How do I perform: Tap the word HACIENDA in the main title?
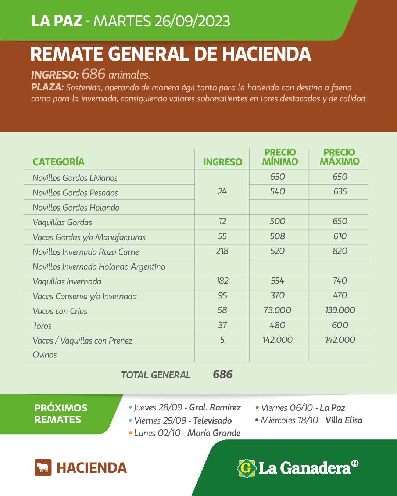tap(267, 54)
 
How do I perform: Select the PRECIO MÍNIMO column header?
tap(280, 157)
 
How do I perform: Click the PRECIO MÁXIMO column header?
tap(339, 157)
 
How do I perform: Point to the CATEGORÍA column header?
tap(58, 162)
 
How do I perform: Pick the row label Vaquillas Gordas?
tap(62, 222)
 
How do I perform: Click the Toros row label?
tap(42, 326)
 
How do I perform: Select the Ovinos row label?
tap(45, 355)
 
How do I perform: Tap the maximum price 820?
tap(340, 251)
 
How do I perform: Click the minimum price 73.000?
tap(278, 310)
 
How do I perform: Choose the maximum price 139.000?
tap(340, 310)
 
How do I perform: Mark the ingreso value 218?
tap(222, 251)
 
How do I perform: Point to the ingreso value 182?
tap(222, 281)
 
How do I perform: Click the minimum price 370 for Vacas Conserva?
tap(278, 296)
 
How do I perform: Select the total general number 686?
tap(223, 374)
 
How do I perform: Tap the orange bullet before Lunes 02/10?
tap(130, 433)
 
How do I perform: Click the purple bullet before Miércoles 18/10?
tap(257, 420)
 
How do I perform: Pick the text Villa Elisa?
tap(344, 420)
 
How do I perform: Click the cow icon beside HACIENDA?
tap(43, 468)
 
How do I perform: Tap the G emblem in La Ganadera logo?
tap(246, 468)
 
